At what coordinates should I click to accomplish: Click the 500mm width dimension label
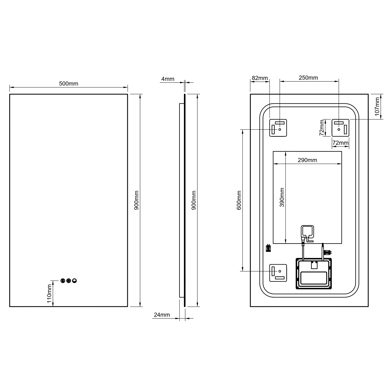(x=68, y=84)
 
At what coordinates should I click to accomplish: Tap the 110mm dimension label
(x=49, y=294)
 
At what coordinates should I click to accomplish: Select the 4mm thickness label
(x=168, y=79)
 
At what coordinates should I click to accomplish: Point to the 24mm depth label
(x=162, y=315)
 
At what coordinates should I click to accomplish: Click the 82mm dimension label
(x=260, y=78)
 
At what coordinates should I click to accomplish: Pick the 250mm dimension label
(x=308, y=78)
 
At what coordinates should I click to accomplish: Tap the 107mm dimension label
(x=377, y=107)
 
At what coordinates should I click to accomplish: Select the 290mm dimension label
(x=307, y=160)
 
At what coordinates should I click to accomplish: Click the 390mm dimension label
(x=282, y=197)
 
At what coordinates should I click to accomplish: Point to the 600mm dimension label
(x=239, y=200)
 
